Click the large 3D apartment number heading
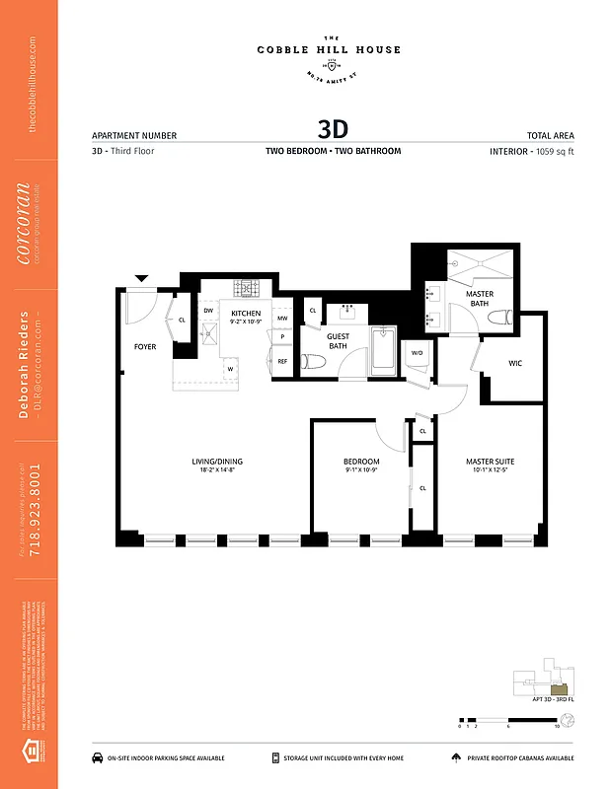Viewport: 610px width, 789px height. click(x=333, y=129)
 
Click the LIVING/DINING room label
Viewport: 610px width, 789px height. click(x=217, y=462)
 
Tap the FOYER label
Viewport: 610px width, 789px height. click(x=145, y=347)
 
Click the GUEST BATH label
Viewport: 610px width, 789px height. click(x=338, y=341)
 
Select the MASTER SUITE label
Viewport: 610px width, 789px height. click(x=491, y=462)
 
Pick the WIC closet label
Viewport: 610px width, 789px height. click(x=515, y=363)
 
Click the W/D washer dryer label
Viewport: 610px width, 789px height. click(x=417, y=352)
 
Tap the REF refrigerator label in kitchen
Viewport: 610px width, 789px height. click(x=282, y=362)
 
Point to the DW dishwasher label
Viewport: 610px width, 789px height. click(x=208, y=311)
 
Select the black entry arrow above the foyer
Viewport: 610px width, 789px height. click(x=142, y=279)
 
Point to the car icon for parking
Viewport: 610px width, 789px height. click(x=99, y=757)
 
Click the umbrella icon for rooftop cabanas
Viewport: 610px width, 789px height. click(x=455, y=757)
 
